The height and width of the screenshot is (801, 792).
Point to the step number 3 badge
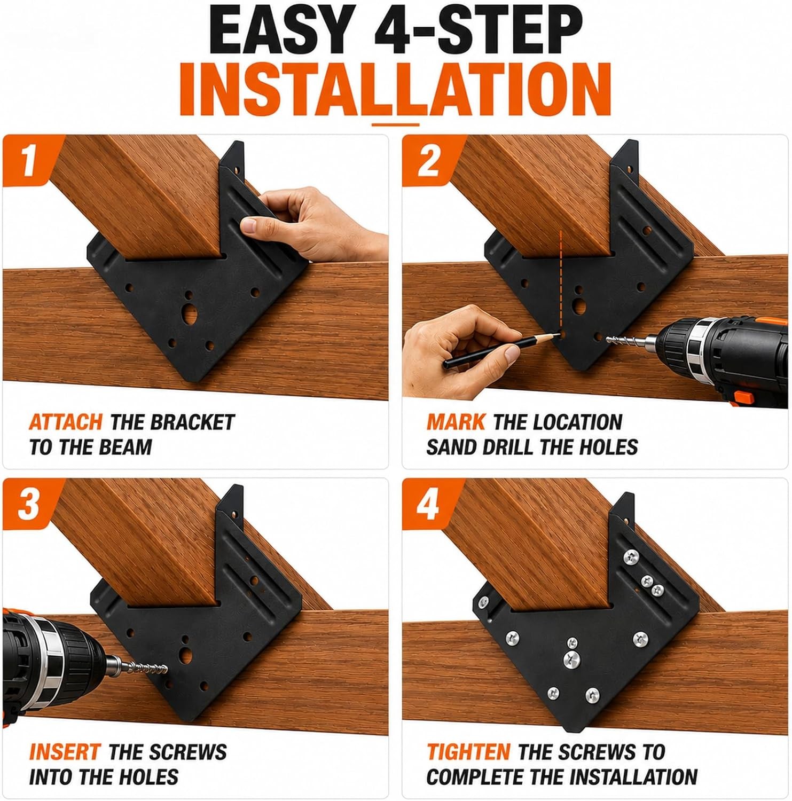pyautogui.click(x=29, y=504)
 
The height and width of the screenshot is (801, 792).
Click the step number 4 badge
pyautogui.click(x=428, y=504)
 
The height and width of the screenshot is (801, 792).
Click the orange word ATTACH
pyautogui.click(x=65, y=422)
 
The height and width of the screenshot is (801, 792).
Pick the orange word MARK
pyautogui.click(x=456, y=422)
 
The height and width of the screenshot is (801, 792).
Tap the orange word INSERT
pyautogui.click(x=64, y=752)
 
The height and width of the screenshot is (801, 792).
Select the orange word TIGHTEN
pyautogui.click(x=468, y=752)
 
